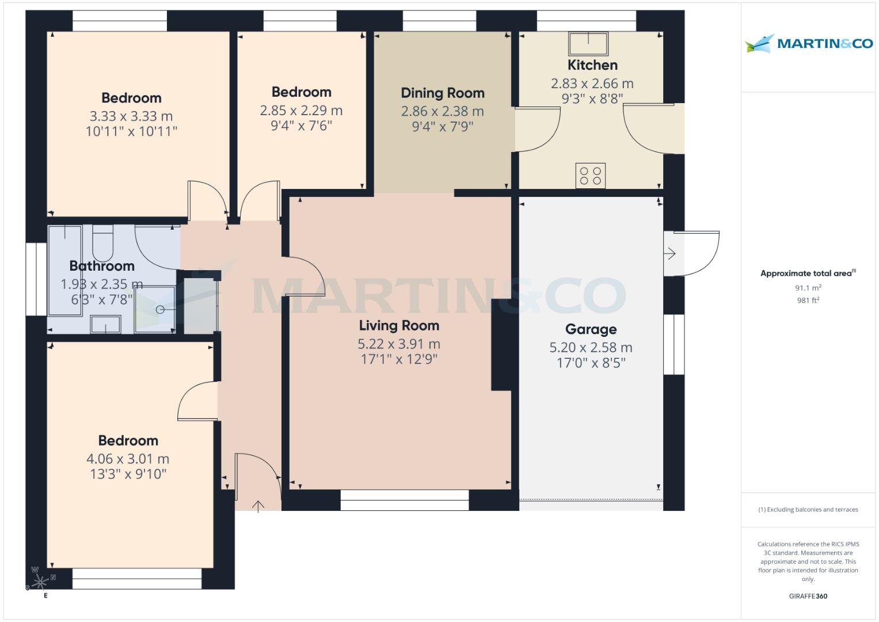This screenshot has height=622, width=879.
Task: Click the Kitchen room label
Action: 592,65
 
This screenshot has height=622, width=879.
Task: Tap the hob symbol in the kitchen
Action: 591,176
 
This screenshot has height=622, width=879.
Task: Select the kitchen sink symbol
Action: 588,43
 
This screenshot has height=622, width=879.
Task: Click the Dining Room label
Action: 442,93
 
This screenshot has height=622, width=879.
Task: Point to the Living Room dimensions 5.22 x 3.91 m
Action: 398,344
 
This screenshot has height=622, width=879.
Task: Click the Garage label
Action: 591,329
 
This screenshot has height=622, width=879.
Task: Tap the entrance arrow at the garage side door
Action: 670,253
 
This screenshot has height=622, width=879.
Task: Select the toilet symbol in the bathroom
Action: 103,244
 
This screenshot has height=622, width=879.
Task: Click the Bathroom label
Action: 102,266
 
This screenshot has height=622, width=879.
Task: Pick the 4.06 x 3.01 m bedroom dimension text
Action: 128,459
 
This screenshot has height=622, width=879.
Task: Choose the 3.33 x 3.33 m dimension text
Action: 131,116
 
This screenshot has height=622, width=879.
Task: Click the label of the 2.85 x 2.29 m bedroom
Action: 301,92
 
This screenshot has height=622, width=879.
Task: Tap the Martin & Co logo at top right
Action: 808,44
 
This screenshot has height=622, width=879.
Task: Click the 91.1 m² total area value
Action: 808,288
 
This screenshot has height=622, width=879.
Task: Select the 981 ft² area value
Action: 808,300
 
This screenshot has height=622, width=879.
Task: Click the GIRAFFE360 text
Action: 808,596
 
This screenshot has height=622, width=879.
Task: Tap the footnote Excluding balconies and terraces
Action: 808,510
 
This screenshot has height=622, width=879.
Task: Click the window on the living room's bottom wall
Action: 404,500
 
